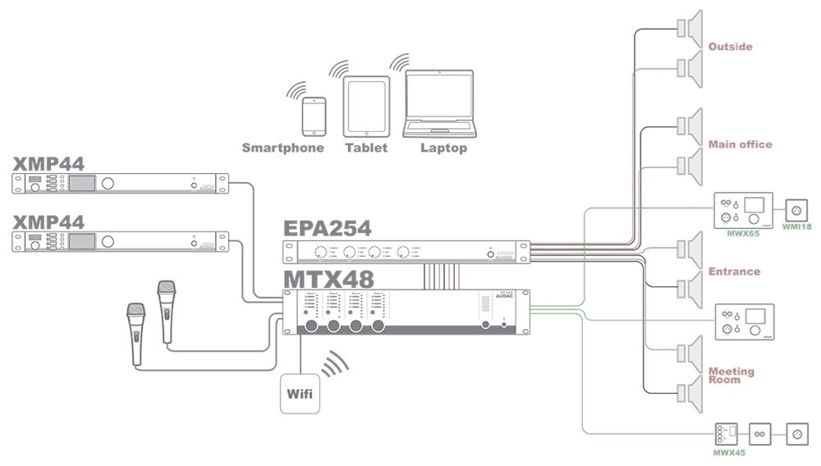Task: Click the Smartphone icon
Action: (313, 116)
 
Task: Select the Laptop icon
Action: (439, 104)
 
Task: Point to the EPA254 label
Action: (328, 228)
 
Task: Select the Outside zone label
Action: (730, 47)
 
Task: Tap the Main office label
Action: (740, 144)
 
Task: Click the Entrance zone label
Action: (734, 272)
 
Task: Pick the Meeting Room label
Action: (731, 375)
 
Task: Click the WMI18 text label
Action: (797, 226)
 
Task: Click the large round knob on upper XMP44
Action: (109, 184)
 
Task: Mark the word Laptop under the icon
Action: (443, 148)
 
